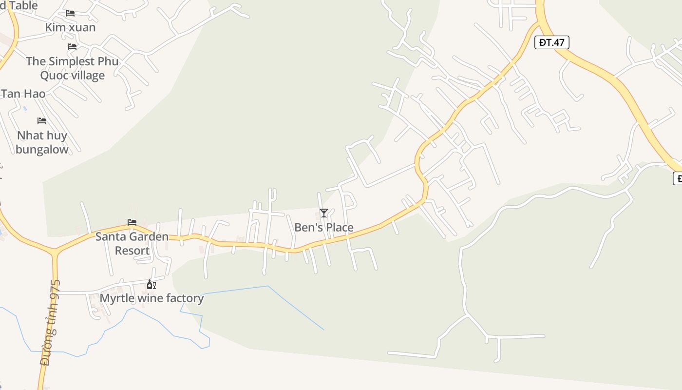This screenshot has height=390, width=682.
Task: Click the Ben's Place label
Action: coord(324,228)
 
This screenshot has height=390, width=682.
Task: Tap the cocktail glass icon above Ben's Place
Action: coord(324,213)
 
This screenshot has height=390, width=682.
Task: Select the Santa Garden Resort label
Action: coord(132,244)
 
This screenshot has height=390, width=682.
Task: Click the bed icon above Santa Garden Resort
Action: coord(132,222)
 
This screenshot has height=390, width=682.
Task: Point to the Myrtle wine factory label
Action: coord(152,298)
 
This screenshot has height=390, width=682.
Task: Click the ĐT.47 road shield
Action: coord(552,42)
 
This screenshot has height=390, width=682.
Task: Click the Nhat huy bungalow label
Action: coord(42,142)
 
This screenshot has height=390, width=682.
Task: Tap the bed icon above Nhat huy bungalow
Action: coord(42,120)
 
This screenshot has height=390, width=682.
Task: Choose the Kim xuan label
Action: coord(70,27)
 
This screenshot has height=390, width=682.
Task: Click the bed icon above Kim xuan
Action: coord(70,13)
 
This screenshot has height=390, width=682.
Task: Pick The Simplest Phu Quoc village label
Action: coord(72,68)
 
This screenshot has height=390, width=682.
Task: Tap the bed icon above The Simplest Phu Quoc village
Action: coord(72,47)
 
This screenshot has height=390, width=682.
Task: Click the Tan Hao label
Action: coord(23,94)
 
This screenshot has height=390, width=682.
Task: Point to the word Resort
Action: coord(132,251)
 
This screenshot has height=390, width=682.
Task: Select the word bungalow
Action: coord(42,149)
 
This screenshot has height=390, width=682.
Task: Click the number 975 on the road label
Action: coord(56,292)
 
